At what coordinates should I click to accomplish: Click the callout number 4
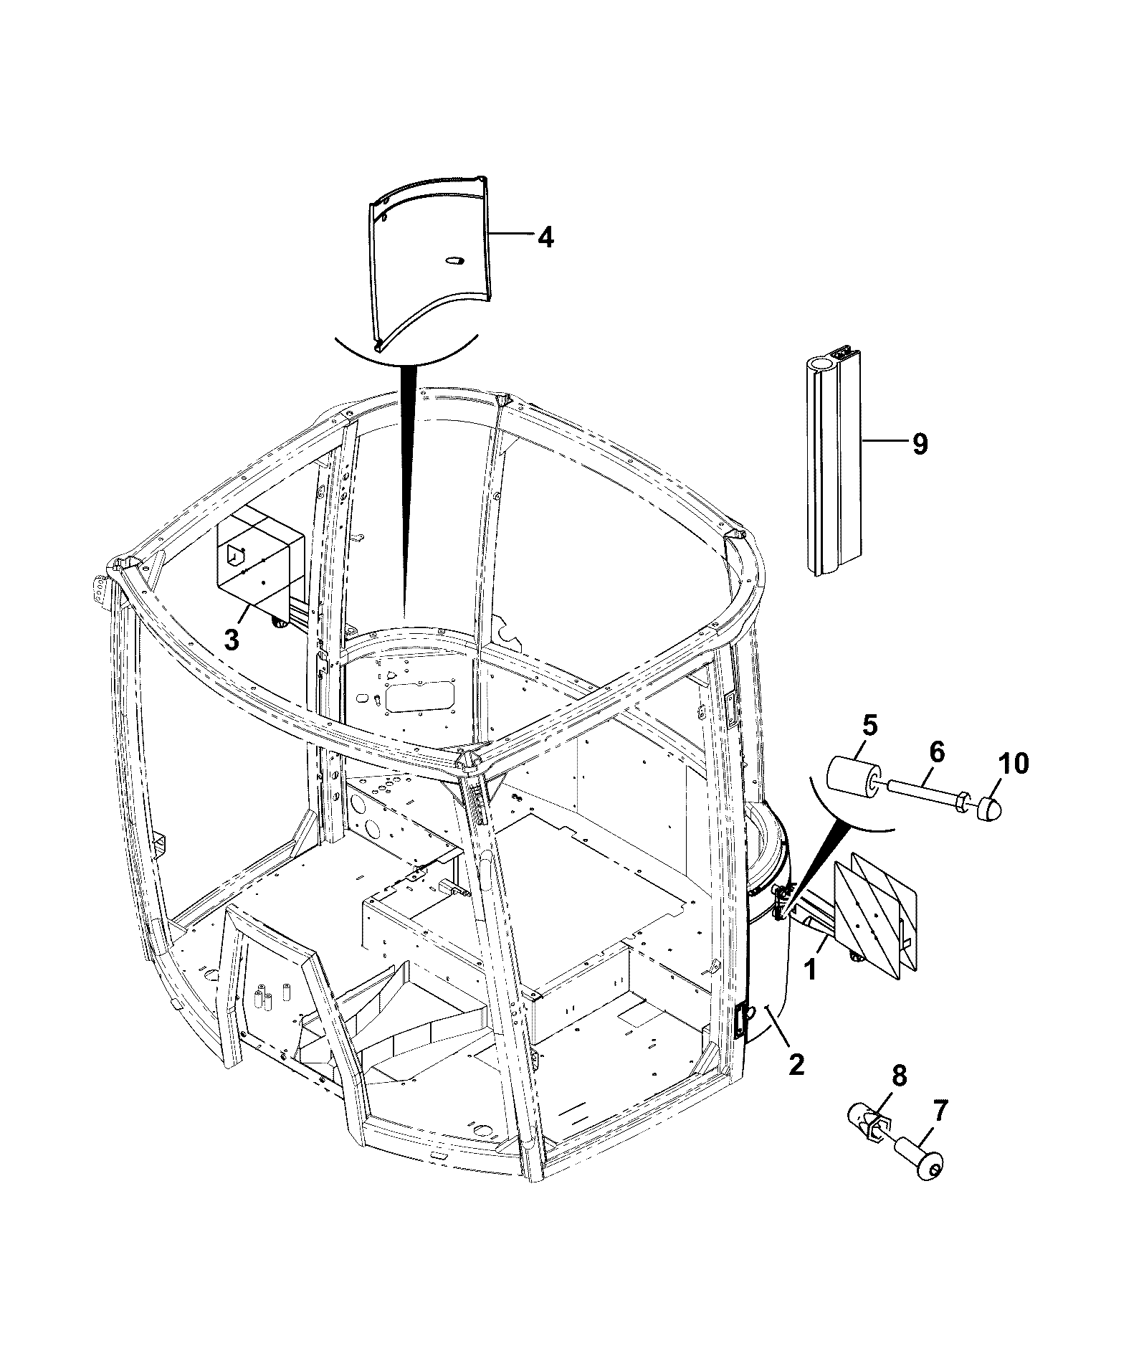pos(545,237)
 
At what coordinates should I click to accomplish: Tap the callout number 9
pos(920,445)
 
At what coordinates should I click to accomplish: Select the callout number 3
pos(231,640)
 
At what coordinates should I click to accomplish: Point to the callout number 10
pos(1012,764)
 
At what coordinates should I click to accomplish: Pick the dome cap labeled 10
pos(989,807)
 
